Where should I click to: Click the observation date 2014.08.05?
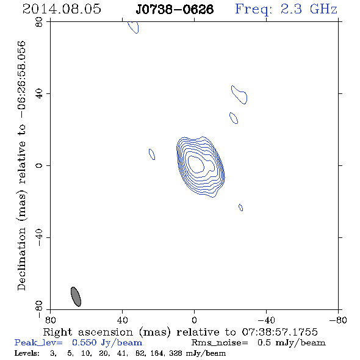click(62, 9)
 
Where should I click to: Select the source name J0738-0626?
click(175, 9)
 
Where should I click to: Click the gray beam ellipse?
click(76, 297)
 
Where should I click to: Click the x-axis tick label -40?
click(266, 320)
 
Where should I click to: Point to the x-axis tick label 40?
click(122, 320)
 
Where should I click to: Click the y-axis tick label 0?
click(39, 165)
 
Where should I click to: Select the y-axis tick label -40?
click(39, 237)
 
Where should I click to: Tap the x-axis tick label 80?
click(50, 320)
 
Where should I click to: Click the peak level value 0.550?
click(84, 342)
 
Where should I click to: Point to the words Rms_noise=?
click(220, 343)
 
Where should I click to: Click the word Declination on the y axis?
click(21, 259)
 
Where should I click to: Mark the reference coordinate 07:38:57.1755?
click(280, 332)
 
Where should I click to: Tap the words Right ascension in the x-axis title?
click(88, 332)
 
